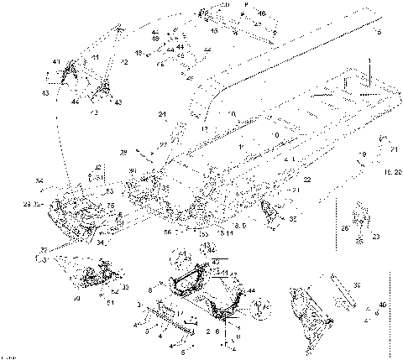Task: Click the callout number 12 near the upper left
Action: [x=123, y=63]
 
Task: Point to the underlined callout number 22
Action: [x=307, y=180]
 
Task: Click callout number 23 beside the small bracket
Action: [x=375, y=236]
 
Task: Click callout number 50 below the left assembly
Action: [x=76, y=297]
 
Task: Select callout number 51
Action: [x=110, y=303]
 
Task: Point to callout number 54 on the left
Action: [x=39, y=180]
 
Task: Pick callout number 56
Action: [x=167, y=232]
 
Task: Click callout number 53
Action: [x=109, y=192]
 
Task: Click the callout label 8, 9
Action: [x=241, y=226]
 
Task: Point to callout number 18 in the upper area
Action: [x=154, y=39]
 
